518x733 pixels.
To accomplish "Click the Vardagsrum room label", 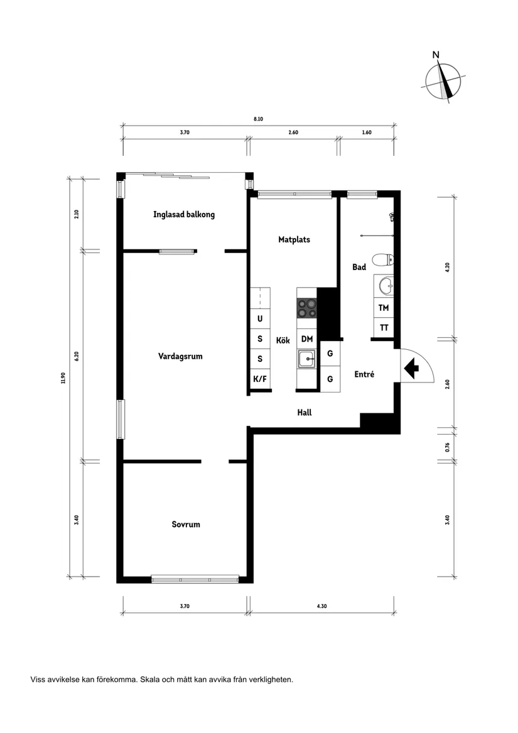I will [180, 356].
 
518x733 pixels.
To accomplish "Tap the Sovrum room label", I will [186, 524].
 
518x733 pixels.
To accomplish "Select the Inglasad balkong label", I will [184, 214].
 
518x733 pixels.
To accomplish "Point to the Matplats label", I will [294, 239].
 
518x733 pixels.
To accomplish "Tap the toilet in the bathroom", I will [383, 259].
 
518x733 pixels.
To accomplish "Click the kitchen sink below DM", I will [306, 359].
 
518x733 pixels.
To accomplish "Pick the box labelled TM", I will [384, 308].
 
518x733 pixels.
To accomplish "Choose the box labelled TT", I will [384, 327].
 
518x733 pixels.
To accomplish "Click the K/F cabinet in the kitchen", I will [260, 379].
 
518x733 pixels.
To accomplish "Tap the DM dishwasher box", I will [306, 339].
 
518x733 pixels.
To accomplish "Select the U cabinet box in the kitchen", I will [260, 318].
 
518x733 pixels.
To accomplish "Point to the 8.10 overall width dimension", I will [258, 119].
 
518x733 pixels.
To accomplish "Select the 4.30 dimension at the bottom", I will [321, 606].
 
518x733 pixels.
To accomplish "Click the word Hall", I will [305, 413].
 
